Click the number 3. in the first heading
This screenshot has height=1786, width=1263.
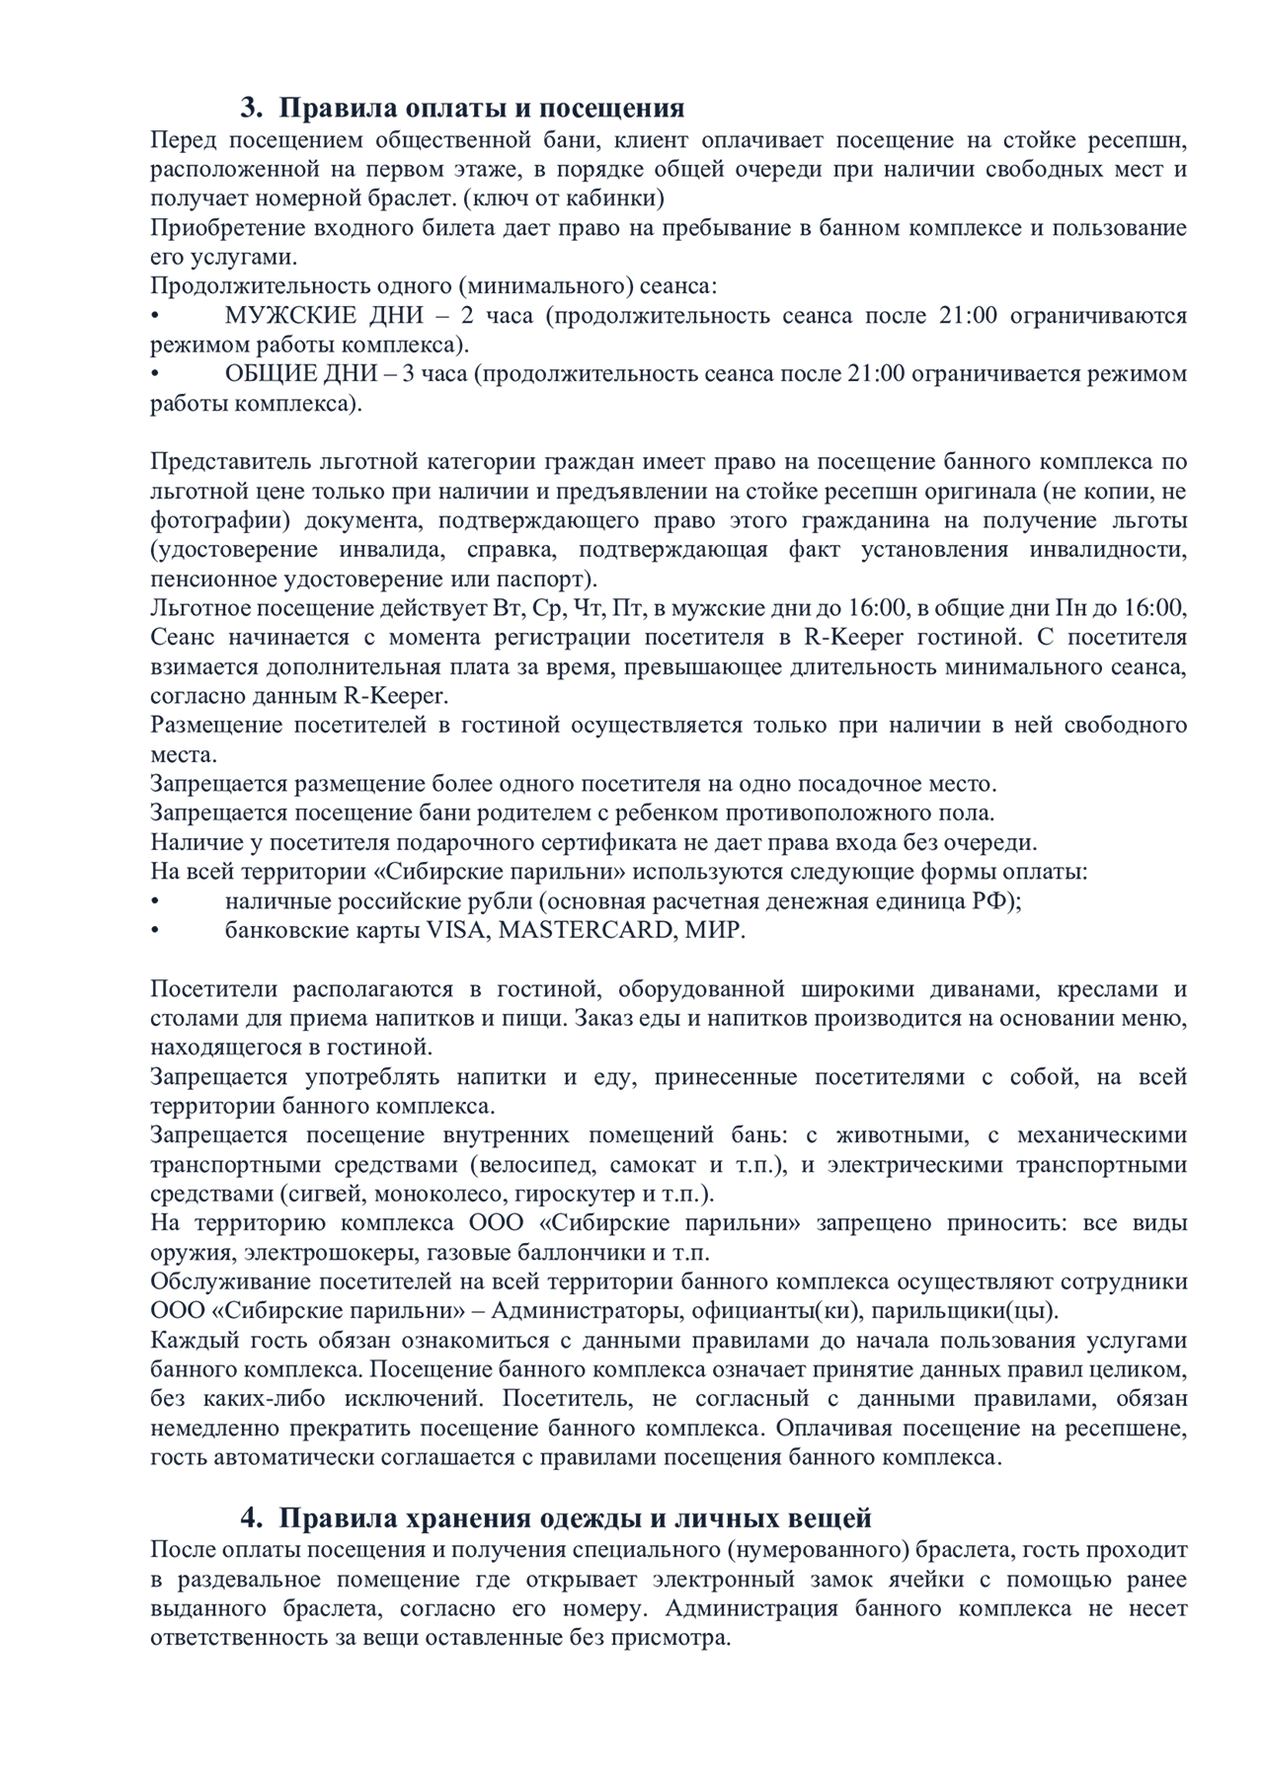(253, 108)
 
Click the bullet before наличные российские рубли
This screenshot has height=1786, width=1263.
(155, 901)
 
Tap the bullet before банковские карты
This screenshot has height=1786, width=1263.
(155, 930)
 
